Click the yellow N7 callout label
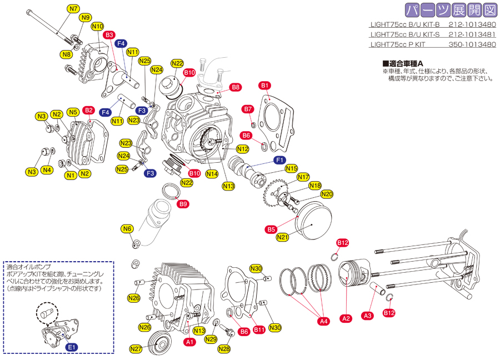click(x=74, y=8)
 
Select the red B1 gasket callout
click(x=265, y=86)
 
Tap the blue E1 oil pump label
click(x=72, y=347)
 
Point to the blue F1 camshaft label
click(x=279, y=160)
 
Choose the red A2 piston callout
click(x=346, y=318)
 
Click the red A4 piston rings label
click(x=324, y=321)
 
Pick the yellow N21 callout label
click(x=283, y=237)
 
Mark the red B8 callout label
click(x=236, y=87)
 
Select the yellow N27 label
click(x=136, y=349)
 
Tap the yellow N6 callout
click(x=127, y=229)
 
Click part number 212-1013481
click(x=472, y=34)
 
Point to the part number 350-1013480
click(x=472, y=44)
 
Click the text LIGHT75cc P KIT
click(x=398, y=44)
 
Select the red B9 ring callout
click(x=183, y=204)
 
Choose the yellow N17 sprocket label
click(x=303, y=177)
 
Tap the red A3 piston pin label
click(x=368, y=316)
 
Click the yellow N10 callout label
click(x=97, y=27)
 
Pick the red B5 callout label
click(x=271, y=229)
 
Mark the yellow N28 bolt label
click(x=224, y=349)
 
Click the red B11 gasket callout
click(x=259, y=329)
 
